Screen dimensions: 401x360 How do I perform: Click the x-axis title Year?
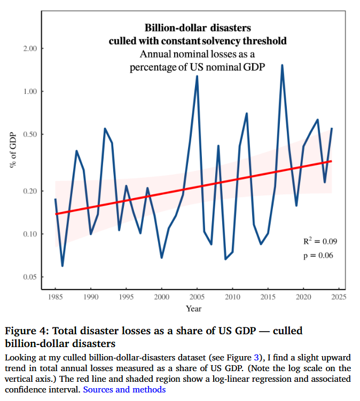pos(193,308)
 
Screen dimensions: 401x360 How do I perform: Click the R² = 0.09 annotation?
pos(320,241)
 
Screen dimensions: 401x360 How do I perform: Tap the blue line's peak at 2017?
pos(282,65)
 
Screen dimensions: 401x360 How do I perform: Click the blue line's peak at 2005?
pos(197,76)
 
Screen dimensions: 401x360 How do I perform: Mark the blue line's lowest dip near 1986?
pos(62,265)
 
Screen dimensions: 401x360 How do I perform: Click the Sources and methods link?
pos(124,389)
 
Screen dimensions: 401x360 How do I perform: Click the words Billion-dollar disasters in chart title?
pos(198,27)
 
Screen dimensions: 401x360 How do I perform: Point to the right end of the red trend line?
pos(332,161)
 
